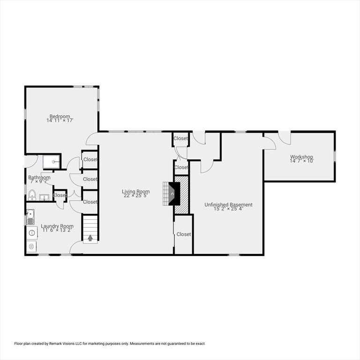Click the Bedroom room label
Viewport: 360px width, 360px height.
pos(60,116)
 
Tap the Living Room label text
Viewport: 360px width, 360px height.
pos(135,191)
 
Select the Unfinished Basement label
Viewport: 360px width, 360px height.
pos(228,204)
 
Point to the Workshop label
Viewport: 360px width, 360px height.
pos(301,157)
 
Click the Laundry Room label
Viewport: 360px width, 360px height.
pos(57,226)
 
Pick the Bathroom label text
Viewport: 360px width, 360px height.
pos(39,178)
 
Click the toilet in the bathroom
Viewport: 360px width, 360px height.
pos(32,195)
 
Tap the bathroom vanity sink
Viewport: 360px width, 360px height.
pos(44,197)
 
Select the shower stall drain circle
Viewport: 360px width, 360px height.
pos(53,162)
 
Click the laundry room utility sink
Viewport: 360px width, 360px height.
pos(30,217)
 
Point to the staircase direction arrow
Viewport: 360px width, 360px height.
pos(90,238)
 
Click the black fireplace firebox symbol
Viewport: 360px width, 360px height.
pos(174,194)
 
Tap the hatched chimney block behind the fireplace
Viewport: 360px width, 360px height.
pos(181,195)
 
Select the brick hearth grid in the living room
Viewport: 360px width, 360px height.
pos(166,194)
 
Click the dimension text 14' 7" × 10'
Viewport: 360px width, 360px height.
pos(301,161)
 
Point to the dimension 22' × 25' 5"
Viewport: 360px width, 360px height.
pos(135,195)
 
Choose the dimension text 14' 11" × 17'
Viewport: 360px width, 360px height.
pos(60,120)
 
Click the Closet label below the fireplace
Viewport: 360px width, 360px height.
pos(184,234)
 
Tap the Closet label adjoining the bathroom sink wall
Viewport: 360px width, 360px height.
pos(60,195)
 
